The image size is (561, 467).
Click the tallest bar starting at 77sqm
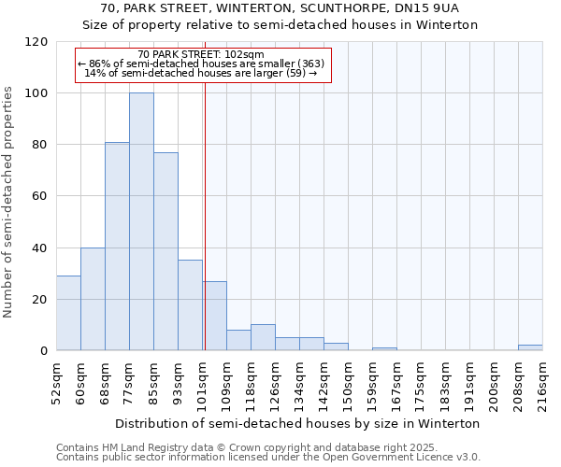click(x=141, y=221)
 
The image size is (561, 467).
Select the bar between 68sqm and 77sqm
click(x=117, y=247)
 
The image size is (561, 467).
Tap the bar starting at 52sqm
click(x=68, y=313)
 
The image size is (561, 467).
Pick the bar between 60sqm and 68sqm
click(x=93, y=299)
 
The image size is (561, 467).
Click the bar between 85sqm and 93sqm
click(x=165, y=251)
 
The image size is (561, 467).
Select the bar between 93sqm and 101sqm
click(x=190, y=305)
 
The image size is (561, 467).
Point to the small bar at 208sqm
click(x=530, y=347)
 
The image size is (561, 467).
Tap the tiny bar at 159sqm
click(x=384, y=348)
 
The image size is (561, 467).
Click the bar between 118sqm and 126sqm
click(x=263, y=337)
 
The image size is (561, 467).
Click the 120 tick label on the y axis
click(x=37, y=42)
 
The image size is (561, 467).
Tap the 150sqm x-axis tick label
click(x=348, y=385)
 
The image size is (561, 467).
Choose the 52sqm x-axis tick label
click(x=56, y=385)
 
